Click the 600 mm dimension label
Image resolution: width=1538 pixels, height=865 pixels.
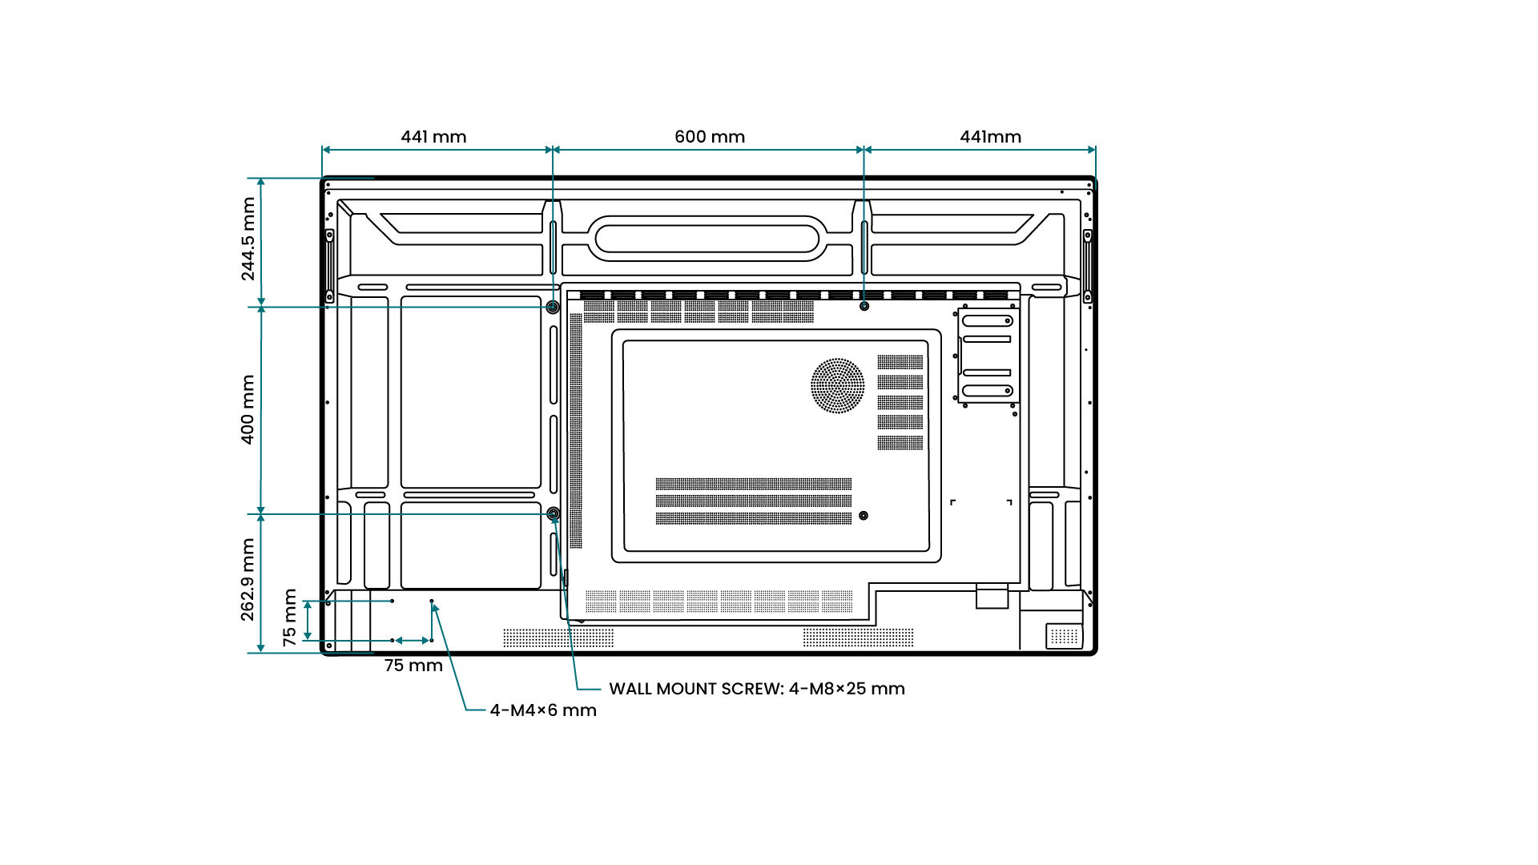tap(710, 137)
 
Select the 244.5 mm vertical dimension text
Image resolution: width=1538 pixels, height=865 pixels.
tap(248, 239)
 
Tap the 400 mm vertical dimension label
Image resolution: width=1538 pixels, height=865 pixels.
tap(248, 409)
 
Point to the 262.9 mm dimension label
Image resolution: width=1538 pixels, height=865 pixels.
tap(248, 579)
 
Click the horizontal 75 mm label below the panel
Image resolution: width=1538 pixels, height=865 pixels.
tap(413, 666)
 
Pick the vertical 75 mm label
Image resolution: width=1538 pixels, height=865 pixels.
tap(290, 618)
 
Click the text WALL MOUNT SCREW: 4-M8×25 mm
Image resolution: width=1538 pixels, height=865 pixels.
tap(757, 689)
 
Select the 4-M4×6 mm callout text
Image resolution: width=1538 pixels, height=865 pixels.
tap(543, 710)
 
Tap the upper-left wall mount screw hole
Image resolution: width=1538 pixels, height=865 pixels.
tap(553, 307)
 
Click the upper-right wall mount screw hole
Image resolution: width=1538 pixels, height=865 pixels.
tap(864, 306)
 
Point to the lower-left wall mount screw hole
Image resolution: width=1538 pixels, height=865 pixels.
tap(553, 513)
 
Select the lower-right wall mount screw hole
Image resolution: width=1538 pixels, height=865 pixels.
tap(863, 516)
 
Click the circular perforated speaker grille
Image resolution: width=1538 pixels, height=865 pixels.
tap(837, 385)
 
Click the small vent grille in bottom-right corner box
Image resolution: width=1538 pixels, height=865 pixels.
tap(1065, 636)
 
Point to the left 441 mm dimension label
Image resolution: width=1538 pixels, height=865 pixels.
tap(433, 137)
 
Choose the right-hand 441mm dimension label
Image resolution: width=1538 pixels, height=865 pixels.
tap(990, 137)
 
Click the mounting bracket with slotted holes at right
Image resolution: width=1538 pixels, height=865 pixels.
tap(988, 356)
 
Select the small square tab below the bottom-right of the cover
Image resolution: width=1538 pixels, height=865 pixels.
tap(992, 597)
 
